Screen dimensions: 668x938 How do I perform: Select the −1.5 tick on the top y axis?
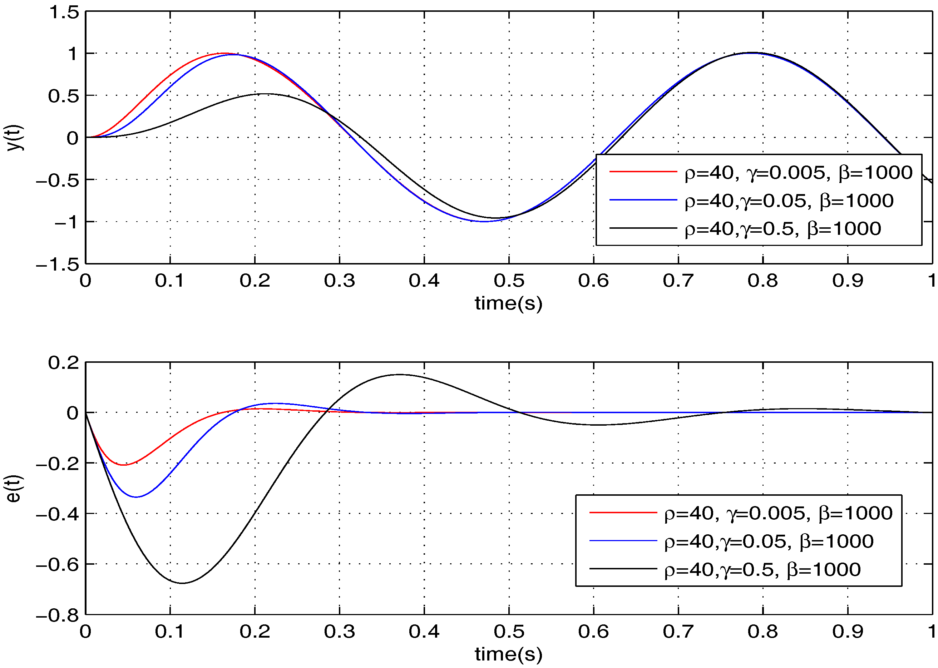click(x=58, y=264)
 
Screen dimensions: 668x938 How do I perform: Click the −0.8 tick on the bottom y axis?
click(x=58, y=616)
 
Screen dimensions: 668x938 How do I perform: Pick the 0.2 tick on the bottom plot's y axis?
click(x=63, y=363)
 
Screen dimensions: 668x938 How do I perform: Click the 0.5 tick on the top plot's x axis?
click(x=509, y=281)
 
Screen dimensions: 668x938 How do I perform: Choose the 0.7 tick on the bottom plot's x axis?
click(x=678, y=632)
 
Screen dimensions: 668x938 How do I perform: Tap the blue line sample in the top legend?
click(x=643, y=200)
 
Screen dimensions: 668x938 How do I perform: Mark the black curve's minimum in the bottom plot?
click(x=182, y=583)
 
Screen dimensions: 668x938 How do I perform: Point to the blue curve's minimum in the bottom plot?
click(x=136, y=497)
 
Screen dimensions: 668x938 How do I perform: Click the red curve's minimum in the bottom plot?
click(x=124, y=465)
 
